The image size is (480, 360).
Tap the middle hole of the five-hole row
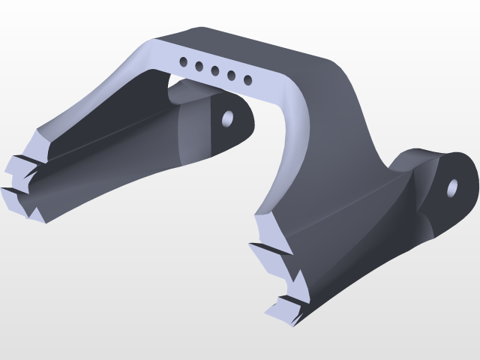pos(215,71)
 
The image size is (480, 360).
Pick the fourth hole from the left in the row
pos(231,76)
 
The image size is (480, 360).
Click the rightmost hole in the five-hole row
pos(247,80)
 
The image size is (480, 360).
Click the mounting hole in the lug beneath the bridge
pos(227,118)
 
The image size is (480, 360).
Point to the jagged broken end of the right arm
pos(281,270)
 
